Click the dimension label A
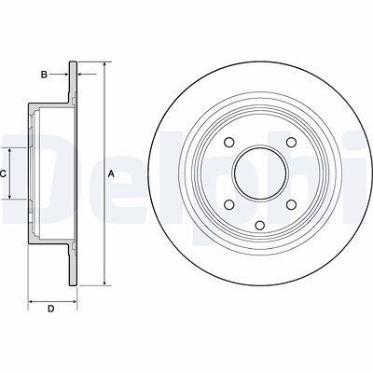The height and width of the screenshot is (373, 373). [x=111, y=174]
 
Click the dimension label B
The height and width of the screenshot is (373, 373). [x=44, y=75]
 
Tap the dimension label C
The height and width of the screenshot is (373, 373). [x=3, y=174]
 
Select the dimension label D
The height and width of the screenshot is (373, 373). [x=51, y=309]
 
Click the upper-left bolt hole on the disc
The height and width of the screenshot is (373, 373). [x=229, y=142]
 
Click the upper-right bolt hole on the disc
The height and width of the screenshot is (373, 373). [x=291, y=142]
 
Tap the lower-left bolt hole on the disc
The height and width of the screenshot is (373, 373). [x=229, y=204]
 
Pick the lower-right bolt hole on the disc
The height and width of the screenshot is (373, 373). [x=291, y=204]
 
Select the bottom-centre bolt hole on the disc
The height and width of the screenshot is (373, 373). [x=260, y=225]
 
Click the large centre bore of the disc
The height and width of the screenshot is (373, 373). [x=260, y=173]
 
